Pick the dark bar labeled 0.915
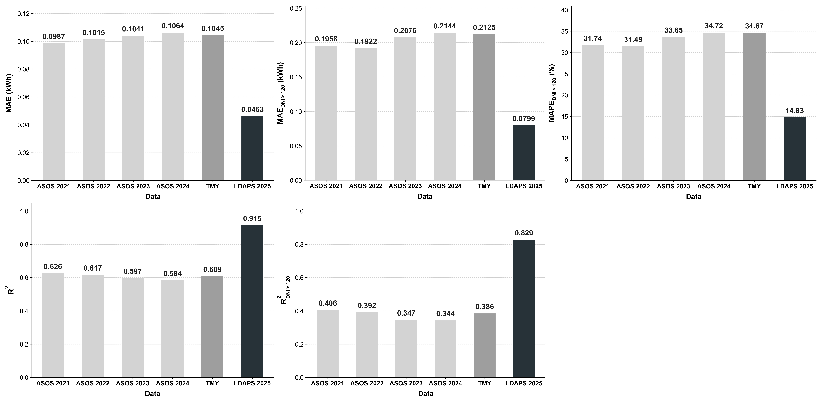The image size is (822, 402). [252, 301]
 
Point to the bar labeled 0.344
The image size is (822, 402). [445, 349]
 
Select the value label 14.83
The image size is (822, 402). [795, 111]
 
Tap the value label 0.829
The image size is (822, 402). [524, 233]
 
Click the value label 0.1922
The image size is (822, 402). [366, 41]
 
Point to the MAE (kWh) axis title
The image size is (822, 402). [9, 93]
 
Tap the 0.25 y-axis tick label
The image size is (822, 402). [296, 8]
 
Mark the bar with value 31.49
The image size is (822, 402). [633, 113]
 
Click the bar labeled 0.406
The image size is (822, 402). [328, 344]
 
